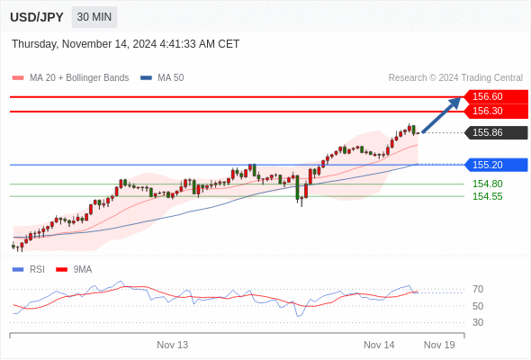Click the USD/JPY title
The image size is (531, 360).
[37, 17]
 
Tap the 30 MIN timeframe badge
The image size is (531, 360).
[94, 17]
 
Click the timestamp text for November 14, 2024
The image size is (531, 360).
[126, 44]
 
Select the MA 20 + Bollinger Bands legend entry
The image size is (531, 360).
[70, 78]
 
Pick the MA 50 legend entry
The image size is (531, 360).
[162, 78]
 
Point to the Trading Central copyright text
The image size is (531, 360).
[455, 78]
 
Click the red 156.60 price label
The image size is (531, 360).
[496, 96]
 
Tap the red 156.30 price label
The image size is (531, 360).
[496, 111]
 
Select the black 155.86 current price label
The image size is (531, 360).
[496, 132]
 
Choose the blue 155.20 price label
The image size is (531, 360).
[496, 165]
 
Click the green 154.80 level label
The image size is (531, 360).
[488, 184]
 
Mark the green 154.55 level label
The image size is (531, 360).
[488, 196]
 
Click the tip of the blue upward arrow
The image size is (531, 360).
[461, 97]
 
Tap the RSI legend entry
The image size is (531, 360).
[29, 270]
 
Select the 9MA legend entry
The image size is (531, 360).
[74, 270]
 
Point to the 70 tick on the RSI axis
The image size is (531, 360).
[478, 289]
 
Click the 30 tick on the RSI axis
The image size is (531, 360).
[478, 322]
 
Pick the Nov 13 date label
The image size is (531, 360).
[173, 345]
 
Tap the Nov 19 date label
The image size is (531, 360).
[439, 345]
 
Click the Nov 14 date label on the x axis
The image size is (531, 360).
[379, 345]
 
